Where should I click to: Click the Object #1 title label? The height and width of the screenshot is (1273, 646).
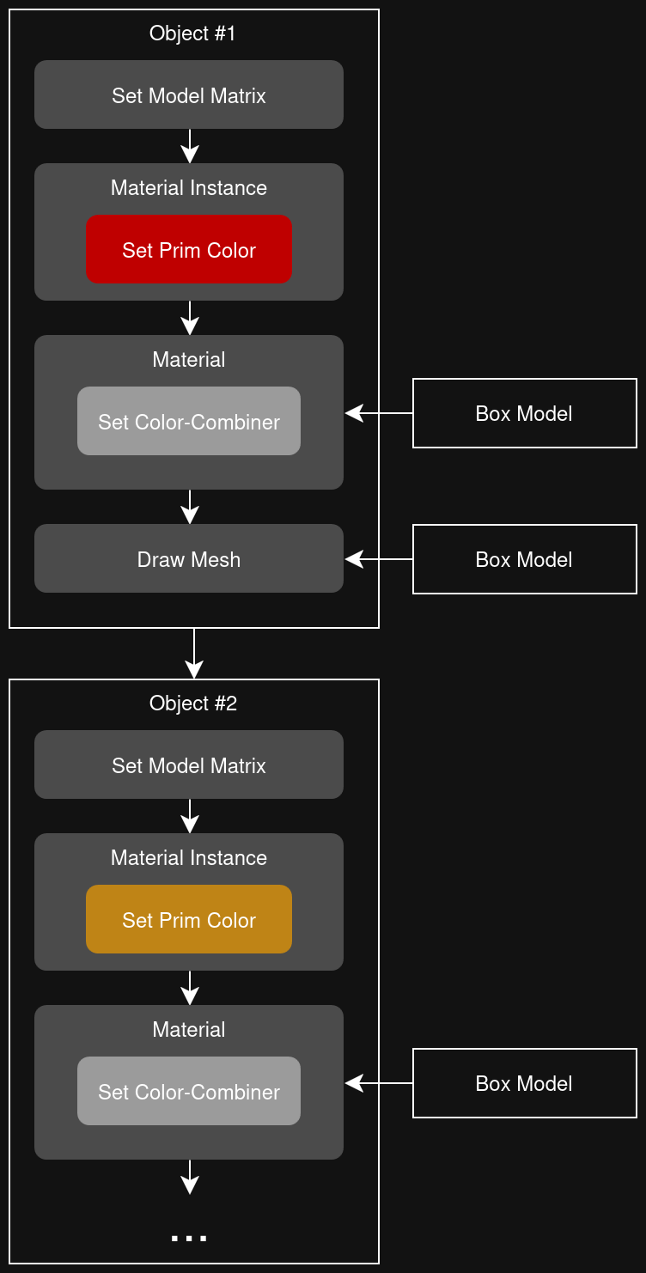[192, 33]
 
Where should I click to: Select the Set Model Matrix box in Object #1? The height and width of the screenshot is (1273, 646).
[189, 95]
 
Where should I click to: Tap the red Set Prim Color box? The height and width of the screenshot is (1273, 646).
[189, 250]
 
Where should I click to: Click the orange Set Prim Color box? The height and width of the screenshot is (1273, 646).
[189, 920]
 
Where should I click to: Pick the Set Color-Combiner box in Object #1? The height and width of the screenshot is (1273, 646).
[189, 422]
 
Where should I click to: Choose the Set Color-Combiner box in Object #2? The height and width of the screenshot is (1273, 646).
[189, 1092]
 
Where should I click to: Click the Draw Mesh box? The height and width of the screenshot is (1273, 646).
[189, 559]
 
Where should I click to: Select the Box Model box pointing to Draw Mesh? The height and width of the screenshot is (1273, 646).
[524, 559]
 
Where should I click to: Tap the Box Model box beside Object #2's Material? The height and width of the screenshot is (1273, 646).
[524, 1083]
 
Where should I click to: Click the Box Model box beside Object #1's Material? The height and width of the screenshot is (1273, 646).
[524, 413]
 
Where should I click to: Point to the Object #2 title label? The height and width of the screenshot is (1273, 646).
[192, 703]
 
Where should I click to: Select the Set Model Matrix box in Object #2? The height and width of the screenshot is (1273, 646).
[189, 765]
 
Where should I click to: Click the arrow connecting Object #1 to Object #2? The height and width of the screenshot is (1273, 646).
[194, 653]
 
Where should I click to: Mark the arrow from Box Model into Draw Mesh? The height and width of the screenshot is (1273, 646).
[378, 559]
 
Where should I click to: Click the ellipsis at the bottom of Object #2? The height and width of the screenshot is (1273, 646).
[189, 1238]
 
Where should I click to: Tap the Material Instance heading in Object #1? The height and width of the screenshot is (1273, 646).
[189, 188]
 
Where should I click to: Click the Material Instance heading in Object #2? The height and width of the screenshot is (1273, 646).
[189, 858]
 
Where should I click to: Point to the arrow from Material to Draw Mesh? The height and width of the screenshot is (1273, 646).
[190, 507]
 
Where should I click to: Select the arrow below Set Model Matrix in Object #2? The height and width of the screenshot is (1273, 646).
[190, 816]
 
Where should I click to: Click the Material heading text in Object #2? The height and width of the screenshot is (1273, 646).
[189, 1030]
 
